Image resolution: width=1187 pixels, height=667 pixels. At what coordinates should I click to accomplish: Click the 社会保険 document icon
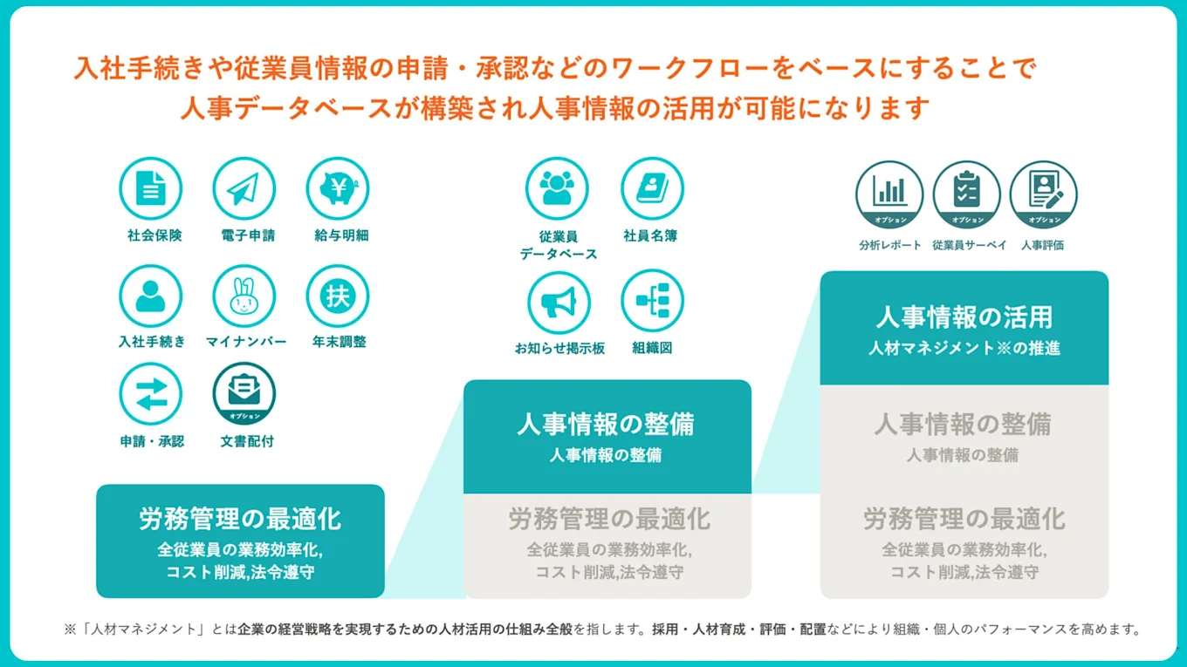[x=150, y=188]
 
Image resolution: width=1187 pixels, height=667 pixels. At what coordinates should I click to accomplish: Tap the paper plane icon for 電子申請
[x=244, y=188]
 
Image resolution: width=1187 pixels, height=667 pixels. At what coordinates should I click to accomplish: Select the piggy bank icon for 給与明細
[x=337, y=188]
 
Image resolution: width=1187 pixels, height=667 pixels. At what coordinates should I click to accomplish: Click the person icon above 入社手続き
[x=150, y=296]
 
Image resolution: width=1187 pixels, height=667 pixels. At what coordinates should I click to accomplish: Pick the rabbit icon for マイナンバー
[x=244, y=296]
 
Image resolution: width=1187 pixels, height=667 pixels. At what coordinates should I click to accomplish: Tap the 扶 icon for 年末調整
[x=337, y=296]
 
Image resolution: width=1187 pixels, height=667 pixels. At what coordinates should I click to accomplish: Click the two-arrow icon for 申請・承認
[x=150, y=394]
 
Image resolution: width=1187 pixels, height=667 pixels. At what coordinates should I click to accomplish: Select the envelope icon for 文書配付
[x=244, y=392]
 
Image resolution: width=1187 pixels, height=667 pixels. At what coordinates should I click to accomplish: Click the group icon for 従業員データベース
[x=557, y=188]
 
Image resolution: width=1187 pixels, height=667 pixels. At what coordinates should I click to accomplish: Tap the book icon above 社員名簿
[x=652, y=188]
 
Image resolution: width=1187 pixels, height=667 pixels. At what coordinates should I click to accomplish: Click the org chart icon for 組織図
[x=652, y=301]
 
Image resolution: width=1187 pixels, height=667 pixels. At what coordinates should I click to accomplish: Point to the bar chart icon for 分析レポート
[x=889, y=194]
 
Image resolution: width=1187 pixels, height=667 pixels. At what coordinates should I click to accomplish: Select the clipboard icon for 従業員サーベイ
[x=966, y=194]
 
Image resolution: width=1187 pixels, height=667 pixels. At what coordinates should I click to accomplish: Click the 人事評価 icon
[x=1043, y=194]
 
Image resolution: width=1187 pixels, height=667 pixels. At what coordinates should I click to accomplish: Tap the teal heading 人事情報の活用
[x=964, y=317]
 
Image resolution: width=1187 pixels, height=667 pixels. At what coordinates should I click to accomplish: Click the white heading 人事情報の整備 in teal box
[x=606, y=425]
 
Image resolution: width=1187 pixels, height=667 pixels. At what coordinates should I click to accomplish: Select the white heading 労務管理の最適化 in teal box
[x=240, y=520]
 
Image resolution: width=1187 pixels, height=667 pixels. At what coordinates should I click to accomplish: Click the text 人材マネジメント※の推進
[x=964, y=348]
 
